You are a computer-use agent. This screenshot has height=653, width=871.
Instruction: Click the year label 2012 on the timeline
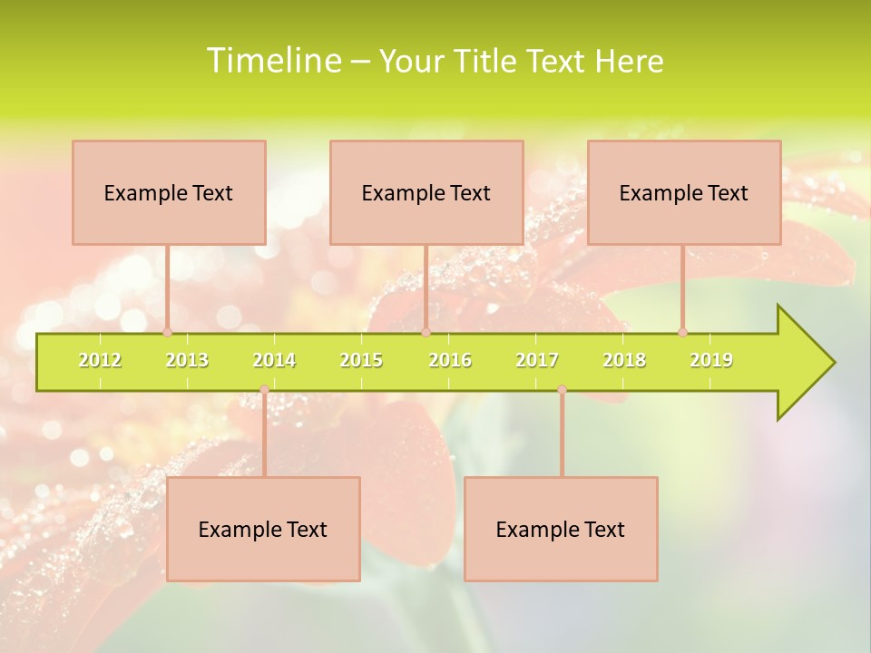click(x=100, y=360)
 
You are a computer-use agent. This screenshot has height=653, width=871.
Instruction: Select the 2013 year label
click(x=187, y=360)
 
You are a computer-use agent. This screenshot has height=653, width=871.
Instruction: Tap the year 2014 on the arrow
click(x=274, y=360)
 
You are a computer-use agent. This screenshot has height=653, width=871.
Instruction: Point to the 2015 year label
click(x=361, y=360)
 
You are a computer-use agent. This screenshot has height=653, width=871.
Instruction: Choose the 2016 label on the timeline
click(x=450, y=360)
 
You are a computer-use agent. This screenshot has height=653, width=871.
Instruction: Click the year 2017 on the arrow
click(x=537, y=360)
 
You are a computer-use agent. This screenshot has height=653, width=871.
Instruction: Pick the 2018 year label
click(x=624, y=360)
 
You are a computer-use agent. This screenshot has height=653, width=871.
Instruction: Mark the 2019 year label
click(x=711, y=360)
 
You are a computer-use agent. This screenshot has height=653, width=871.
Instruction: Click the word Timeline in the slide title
click(x=273, y=61)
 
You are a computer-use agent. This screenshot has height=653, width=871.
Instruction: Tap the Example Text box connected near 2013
click(x=169, y=192)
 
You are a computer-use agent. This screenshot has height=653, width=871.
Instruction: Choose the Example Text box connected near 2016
click(x=426, y=192)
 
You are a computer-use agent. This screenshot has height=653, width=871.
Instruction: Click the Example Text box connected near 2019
click(x=684, y=192)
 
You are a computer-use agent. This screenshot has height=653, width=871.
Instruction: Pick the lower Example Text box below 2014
click(x=263, y=529)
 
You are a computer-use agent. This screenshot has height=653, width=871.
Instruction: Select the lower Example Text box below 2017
click(x=561, y=529)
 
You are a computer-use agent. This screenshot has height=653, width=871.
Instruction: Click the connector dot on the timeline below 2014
click(x=264, y=390)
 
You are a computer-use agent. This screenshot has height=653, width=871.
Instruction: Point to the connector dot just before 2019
click(x=682, y=332)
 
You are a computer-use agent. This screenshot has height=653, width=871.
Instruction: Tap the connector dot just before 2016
click(x=426, y=332)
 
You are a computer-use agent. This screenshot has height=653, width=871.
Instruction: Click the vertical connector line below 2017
click(x=562, y=435)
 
